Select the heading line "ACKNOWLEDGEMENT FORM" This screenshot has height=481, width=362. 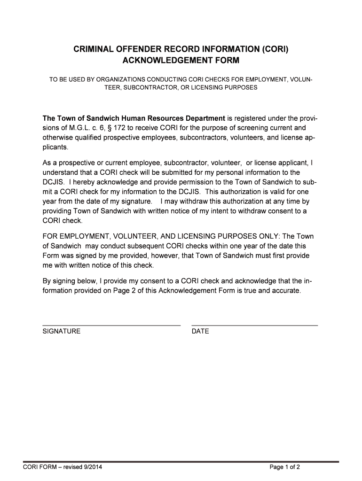point(181,61)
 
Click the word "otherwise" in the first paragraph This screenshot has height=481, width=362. point(58,138)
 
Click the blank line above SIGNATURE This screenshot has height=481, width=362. point(111,325)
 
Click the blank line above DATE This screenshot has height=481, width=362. point(254,325)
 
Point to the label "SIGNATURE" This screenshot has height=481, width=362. point(62,331)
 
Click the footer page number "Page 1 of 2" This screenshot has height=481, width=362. point(284,467)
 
